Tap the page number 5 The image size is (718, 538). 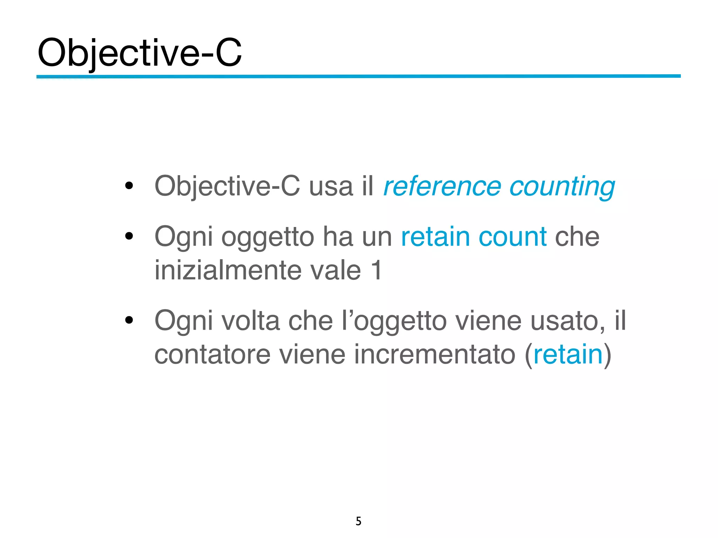[x=358, y=521]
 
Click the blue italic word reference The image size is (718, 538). [x=442, y=186]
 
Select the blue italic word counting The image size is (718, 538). [x=562, y=187]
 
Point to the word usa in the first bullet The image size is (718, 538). [x=331, y=186]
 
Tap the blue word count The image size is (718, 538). [x=512, y=237]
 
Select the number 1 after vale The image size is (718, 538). [x=377, y=270]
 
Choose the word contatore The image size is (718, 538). [x=212, y=354]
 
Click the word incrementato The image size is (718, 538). [x=434, y=354]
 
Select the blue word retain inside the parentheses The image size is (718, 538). [x=568, y=354]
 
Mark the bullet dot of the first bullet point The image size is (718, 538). [x=129, y=186]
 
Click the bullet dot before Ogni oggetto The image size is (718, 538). [x=129, y=236]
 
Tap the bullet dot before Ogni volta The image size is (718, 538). [x=129, y=320]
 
